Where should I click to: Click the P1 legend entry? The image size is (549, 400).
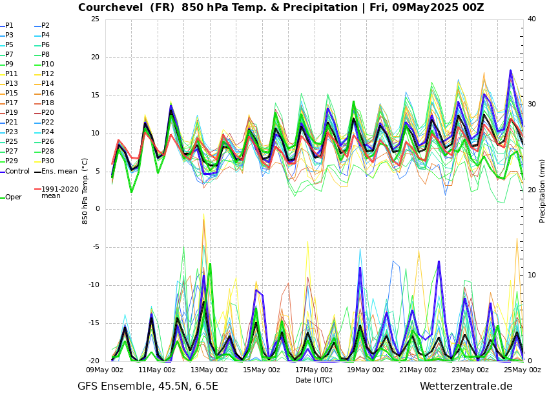point(9,26)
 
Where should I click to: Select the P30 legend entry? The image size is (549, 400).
point(48,161)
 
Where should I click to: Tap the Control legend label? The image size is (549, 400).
point(17,172)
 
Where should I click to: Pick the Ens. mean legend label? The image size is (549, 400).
point(59,172)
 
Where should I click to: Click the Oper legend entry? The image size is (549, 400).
point(13,197)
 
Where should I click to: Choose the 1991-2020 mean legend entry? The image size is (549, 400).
point(59,192)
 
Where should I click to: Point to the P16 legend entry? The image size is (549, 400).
point(48,94)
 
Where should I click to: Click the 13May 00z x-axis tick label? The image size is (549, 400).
point(209,370)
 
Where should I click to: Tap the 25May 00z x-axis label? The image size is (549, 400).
point(523,370)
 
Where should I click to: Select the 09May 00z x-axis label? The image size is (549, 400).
point(105,370)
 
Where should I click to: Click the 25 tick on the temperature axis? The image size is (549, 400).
point(95,19)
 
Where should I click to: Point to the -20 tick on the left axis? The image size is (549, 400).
point(94,361)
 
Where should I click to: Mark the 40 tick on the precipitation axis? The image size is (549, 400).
point(532,19)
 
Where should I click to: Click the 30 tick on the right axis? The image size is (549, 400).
point(532,104)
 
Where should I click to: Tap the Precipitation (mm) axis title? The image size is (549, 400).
point(543,190)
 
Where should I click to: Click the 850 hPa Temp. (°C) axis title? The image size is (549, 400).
point(85,190)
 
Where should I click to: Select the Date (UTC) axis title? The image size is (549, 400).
point(314,380)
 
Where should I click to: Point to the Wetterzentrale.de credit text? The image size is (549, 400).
point(466,386)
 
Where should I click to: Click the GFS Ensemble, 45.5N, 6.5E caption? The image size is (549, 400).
point(148,386)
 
